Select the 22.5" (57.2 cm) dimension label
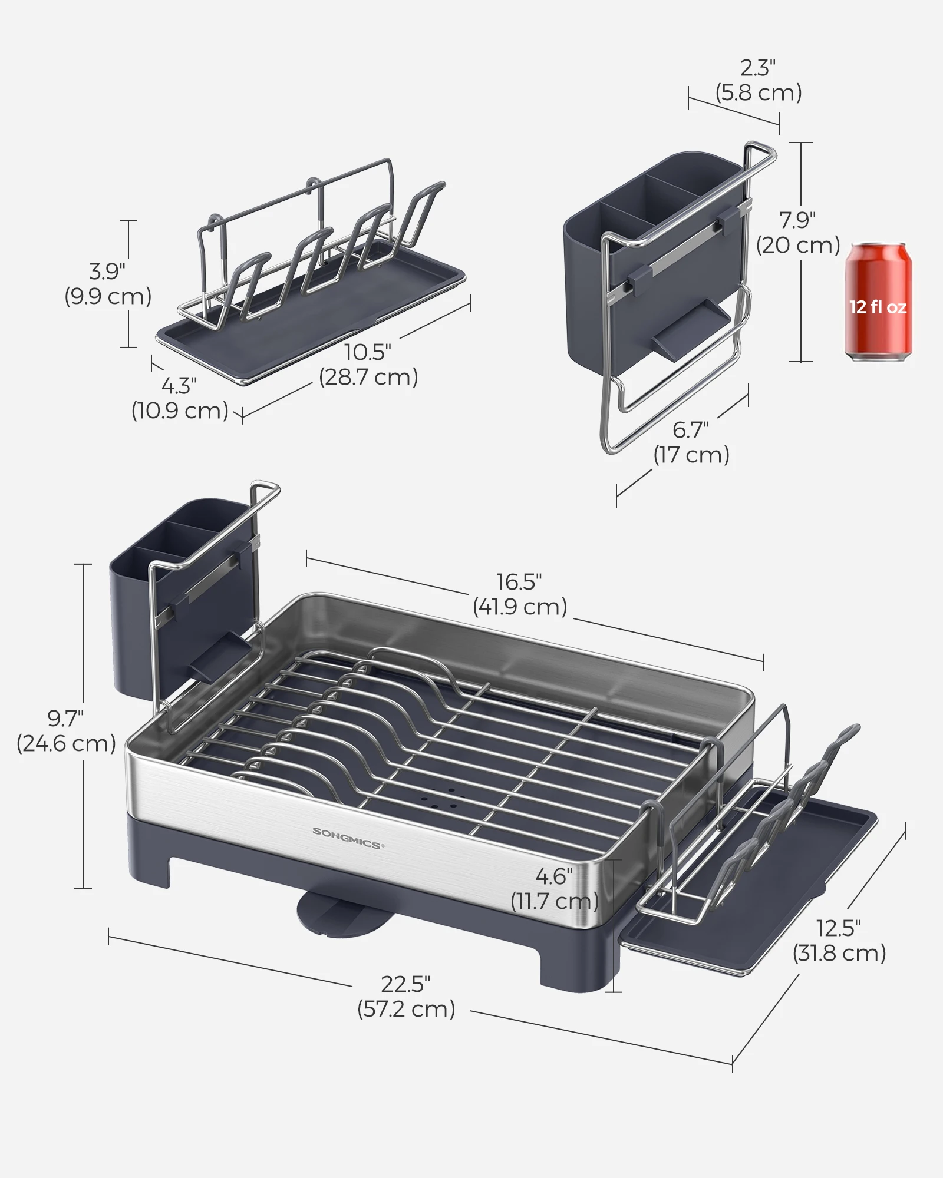pyautogui.click(x=406, y=997)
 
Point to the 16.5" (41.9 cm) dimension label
pyautogui.click(x=519, y=594)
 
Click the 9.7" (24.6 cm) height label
pyautogui.click(x=65, y=731)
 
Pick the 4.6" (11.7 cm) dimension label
pyautogui.click(x=554, y=889)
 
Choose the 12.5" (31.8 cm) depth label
pyautogui.click(x=839, y=941)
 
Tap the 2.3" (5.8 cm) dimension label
pyautogui.click(x=759, y=81)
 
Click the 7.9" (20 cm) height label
pyautogui.click(x=798, y=233)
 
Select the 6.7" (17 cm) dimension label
pyautogui.click(x=691, y=442)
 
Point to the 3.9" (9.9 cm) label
pyautogui.click(x=108, y=284)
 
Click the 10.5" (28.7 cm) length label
pyautogui.click(x=368, y=365)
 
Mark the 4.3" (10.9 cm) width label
pyautogui.click(x=180, y=398)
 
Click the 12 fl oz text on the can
pyautogui.click(x=878, y=307)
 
